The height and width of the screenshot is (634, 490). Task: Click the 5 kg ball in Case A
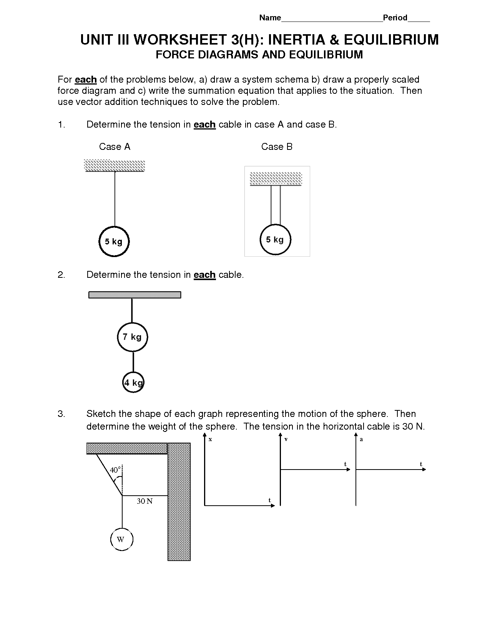[x=114, y=241]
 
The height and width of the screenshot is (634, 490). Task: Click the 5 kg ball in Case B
[x=275, y=239]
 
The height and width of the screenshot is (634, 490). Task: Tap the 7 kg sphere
[x=132, y=337]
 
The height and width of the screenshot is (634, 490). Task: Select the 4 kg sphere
[x=133, y=382]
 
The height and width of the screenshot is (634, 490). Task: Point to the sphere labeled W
[x=121, y=539]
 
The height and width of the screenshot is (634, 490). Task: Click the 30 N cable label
[x=145, y=501]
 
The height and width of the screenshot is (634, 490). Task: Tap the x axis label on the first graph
[x=210, y=439]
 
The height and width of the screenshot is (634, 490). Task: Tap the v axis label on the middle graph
[x=286, y=439]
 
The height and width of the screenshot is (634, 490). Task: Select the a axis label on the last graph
[x=361, y=439]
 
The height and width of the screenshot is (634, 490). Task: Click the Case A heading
[x=115, y=147]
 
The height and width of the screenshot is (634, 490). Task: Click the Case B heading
[x=277, y=147]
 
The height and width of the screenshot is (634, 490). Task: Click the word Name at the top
[x=270, y=18]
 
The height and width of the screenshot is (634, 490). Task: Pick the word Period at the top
[x=395, y=18]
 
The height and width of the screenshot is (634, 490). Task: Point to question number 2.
[x=61, y=275]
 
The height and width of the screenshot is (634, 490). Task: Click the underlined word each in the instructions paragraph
[x=85, y=80]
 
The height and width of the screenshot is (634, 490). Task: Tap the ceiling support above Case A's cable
[x=115, y=166]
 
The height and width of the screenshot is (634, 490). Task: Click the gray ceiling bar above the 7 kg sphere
[x=135, y=295]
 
